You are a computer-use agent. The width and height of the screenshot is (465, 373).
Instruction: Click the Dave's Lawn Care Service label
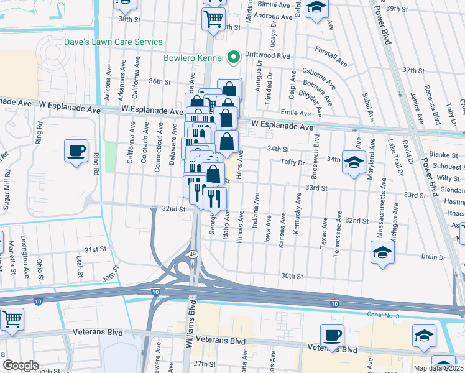[x=113, y=42]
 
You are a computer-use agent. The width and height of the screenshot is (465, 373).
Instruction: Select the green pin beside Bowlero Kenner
[x=234, y=58]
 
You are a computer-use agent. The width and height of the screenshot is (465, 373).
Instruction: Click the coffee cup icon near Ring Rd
[x=76, y=152]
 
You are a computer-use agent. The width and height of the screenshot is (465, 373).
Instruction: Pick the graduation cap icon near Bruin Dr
[x=382, y=253]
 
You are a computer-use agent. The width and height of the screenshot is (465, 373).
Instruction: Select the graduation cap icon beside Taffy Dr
[x=354, y=163]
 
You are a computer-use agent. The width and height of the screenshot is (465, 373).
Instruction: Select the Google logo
[x=21, y=366]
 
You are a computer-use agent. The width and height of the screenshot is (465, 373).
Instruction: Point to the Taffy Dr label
[x=293, y=162]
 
